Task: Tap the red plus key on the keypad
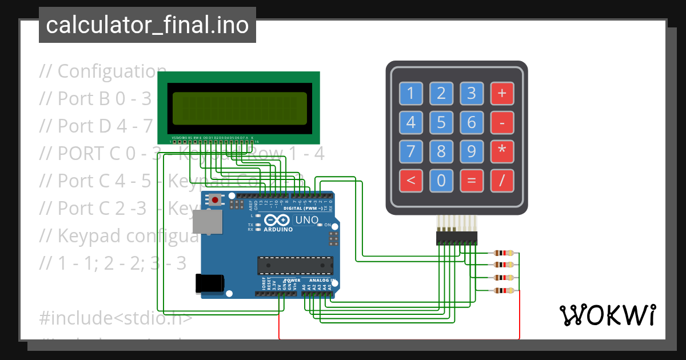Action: point(502,93)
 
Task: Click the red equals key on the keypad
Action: point(472,181)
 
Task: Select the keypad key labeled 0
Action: point(441,181)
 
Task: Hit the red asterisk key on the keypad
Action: point(502,152)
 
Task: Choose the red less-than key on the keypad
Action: point(410,181)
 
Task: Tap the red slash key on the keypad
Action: point(502,181)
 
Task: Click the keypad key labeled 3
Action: point(472,93)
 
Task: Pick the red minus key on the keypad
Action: point(502,122)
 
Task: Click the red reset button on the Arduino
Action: point(215,200)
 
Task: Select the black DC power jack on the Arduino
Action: point(209,285)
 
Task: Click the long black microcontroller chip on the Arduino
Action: point(295,266)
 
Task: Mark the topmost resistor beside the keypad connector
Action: point(503,253)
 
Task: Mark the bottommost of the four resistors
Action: point(503,291)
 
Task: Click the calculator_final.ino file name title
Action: point(147,25)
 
